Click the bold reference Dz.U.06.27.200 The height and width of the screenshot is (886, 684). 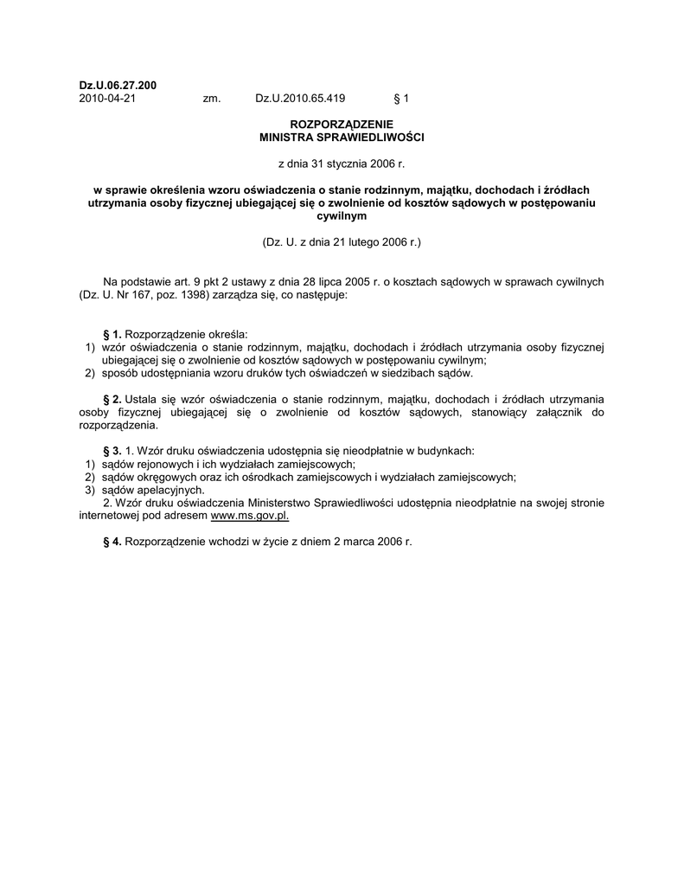pos(118,86)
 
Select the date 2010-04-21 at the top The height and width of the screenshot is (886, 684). pos(107,99)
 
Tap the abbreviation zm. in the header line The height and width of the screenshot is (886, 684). pos(212,99)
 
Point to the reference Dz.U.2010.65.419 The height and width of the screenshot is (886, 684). pos(300,99)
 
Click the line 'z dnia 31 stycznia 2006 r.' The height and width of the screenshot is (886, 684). pos(342,163)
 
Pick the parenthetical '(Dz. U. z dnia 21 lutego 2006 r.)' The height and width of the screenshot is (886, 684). pos(342,242)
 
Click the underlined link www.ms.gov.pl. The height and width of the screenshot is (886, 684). pos(250,515)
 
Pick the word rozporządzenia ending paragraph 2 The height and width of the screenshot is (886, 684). pos(118,425)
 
